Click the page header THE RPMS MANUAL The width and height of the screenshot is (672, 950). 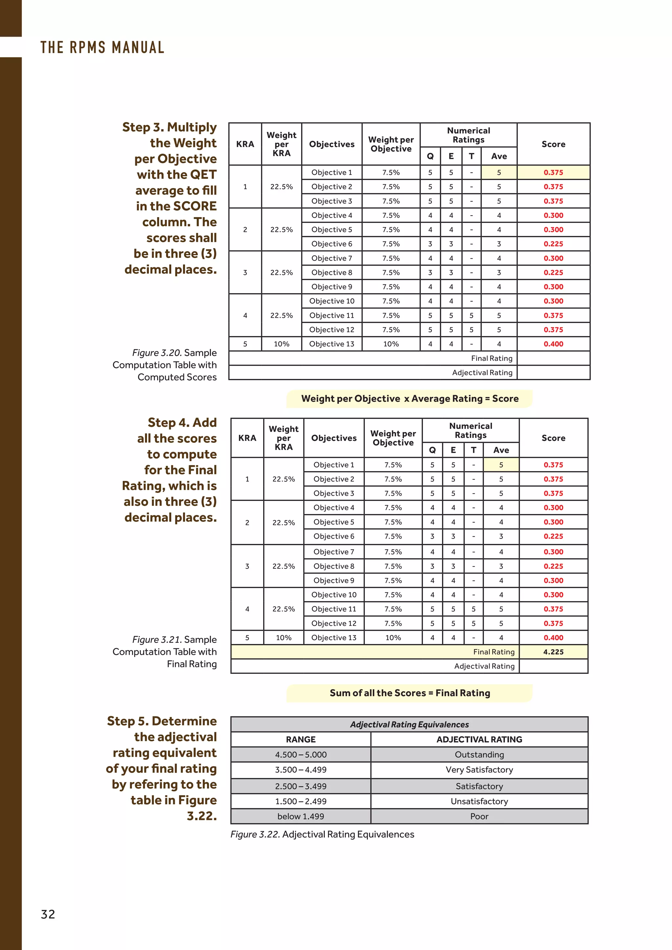point(102,47)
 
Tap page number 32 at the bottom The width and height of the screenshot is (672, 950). point(48,914)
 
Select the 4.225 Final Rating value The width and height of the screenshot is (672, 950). point(553,652)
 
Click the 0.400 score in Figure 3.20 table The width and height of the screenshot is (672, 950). point(553,344)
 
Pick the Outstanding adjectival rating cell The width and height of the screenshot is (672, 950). point(479,754)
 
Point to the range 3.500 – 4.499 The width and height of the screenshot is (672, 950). point(301,770)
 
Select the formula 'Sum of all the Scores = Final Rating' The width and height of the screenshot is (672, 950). point(409,693)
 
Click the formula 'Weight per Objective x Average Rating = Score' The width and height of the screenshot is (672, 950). point(409,399)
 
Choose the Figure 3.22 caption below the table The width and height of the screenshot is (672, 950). point(322,834)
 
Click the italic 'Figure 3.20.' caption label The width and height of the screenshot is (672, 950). point(157,353)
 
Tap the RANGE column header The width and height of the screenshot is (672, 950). point(301,739)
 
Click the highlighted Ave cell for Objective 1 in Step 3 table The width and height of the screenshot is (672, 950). point(499,173)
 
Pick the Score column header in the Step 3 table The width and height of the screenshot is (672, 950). point(553,144)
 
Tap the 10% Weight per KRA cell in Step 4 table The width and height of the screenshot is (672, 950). point(283,638)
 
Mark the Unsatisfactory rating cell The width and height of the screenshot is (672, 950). point(479,801)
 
